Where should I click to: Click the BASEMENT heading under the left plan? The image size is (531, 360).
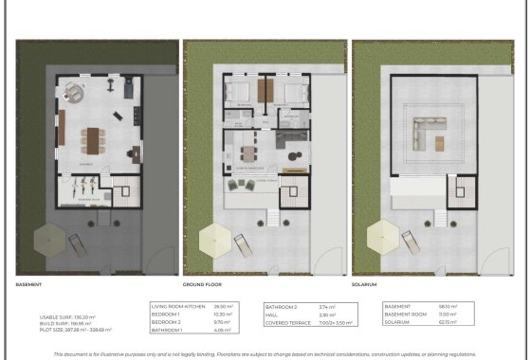pyautogui.click(x=28, y=284)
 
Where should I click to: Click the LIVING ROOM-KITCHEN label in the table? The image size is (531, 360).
pyautogui.click(x=177, y=306)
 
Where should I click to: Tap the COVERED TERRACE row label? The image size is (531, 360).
pyautogui.click(x=288, y=321)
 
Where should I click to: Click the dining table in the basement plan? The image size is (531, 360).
pyautogui.click(x=92, y=139)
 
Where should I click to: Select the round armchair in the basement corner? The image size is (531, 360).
pyautogui.click(x=73, y=95)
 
